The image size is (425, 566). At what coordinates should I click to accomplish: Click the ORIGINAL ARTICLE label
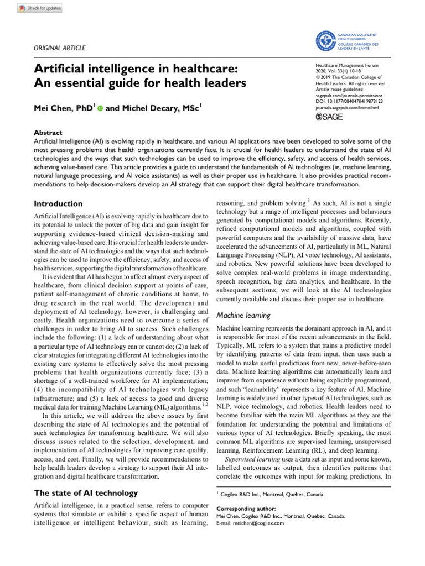[x=60, y=48]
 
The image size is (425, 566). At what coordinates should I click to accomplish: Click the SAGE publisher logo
[x=330, y=117]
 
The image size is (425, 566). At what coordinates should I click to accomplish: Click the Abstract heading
[x=49, y=133]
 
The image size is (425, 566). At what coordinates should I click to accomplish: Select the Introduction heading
[x=59, y=204]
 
